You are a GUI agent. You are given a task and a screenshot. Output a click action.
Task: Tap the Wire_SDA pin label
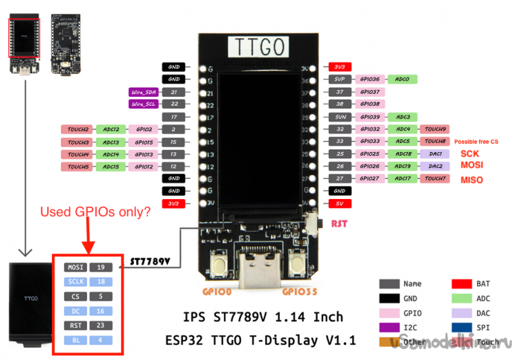[144, 92]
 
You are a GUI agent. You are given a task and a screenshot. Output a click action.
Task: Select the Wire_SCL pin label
[144, 104]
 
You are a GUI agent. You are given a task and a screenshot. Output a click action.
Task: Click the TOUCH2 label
[78, 129]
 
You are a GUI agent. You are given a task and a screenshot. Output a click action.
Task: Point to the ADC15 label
[111, 167]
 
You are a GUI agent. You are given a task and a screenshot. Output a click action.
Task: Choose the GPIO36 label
[370, 79]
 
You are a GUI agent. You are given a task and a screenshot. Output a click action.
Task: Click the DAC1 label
[435, 153]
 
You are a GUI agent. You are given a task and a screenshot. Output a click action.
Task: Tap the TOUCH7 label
[435, 179]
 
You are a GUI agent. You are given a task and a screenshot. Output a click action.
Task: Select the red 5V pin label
[339, 204]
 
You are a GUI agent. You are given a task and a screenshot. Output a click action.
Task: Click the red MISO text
[472, 180]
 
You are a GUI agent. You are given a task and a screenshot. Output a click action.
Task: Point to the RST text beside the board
[340, 224]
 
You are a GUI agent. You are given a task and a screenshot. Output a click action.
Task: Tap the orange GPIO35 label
[298, 292]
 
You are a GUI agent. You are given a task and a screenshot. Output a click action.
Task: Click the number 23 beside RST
[100, 325]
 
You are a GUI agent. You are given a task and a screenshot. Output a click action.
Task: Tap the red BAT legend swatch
[462, 283]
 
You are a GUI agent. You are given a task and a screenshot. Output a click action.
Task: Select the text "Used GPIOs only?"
[95, 212]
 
